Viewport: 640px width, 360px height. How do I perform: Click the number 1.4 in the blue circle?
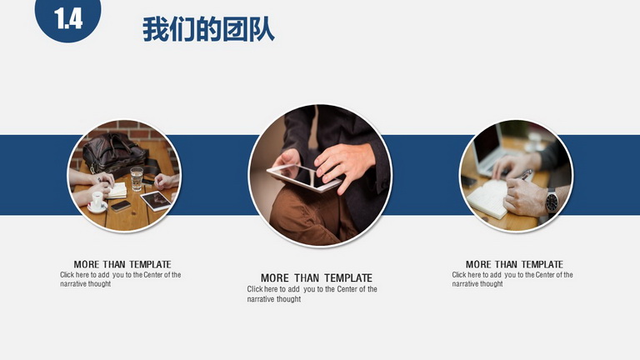(68, 19)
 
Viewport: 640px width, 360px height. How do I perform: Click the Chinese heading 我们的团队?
(208, 29)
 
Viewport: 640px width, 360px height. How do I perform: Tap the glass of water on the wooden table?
(137, 179)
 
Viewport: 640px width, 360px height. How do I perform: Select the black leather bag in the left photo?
(115, 153)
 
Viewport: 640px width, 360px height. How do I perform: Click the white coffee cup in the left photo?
(97, 201)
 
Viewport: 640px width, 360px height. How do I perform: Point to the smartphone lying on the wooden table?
(121, 206)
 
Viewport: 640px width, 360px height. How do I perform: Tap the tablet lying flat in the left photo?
(156, 201)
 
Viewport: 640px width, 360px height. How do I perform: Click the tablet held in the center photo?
(303, 177)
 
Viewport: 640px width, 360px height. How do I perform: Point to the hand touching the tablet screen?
(343, 165)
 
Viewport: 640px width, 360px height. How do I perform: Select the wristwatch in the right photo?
(552, 201)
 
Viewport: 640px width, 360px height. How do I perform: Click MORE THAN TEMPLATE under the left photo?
(122, 264)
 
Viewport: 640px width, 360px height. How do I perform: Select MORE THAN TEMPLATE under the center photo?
(317, 278)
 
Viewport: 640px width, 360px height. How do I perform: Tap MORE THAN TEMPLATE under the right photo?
(514, 264)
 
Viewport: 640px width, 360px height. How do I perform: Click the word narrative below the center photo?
(259, 299)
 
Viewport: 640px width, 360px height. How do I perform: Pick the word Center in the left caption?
(153, 275)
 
